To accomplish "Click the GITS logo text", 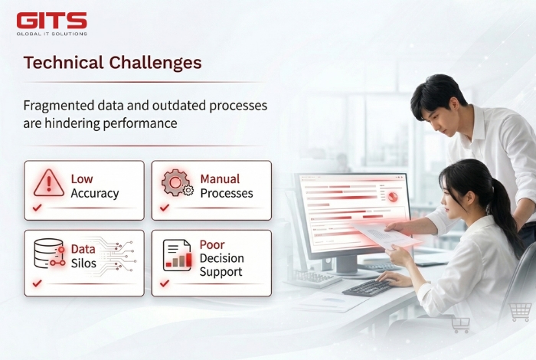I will point(51,20).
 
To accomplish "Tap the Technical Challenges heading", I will point(112,63).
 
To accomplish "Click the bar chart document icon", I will point(177,255).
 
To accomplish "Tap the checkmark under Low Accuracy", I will point(36,208).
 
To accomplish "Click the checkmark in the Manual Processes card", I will point(164,208).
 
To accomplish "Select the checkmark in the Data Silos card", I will point(36,283).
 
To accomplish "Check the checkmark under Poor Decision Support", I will point(164,283).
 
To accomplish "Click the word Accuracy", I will point(94,194).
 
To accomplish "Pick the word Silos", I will point(83,263).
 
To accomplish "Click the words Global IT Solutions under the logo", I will point(51,34).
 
